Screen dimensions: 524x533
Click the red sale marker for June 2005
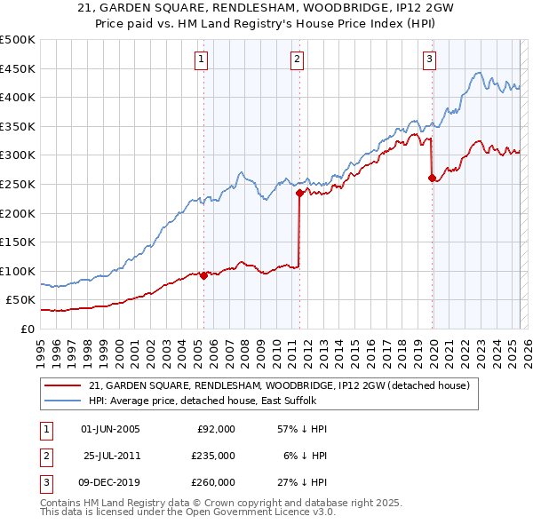click(203, 275)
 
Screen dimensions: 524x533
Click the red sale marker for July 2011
click(299, 193)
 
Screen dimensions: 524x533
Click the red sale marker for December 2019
click(432, 179)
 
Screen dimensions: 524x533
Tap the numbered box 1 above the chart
click(202, 60)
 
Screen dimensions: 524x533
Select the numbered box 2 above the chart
click(297, 60)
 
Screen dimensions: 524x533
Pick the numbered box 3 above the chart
click(429, 60)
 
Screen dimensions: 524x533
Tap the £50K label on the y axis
click(20, 300)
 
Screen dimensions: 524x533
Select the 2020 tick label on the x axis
click(432, 346)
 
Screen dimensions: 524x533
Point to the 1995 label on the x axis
click(40, 346)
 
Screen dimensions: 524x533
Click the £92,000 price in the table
click(216, 429)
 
